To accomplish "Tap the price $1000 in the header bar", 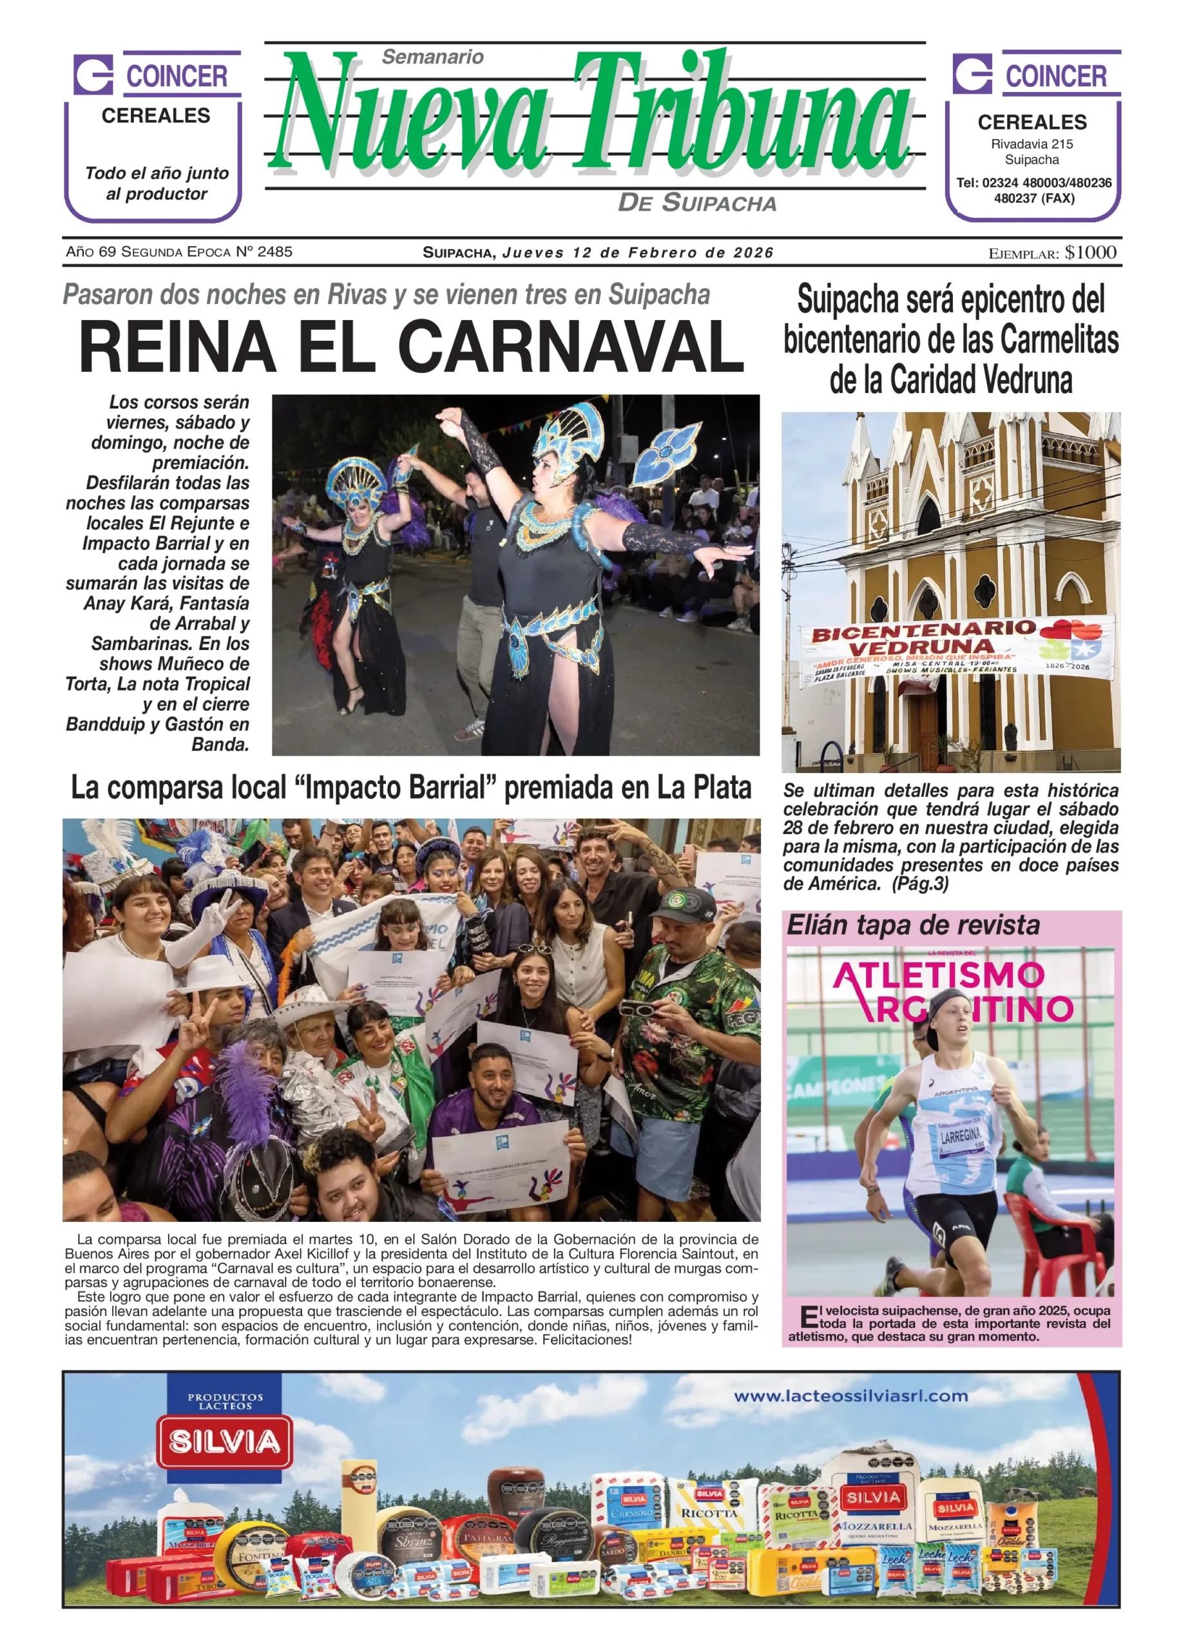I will point(1090,253).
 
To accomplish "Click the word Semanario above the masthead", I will point(433,57).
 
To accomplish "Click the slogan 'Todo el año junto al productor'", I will point(157,183).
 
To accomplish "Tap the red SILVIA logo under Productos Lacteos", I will point(226,1442).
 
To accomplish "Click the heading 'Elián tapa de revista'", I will point(913,926).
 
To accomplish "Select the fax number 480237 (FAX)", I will point(1033,198).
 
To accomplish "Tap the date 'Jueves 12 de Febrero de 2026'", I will point(638,253).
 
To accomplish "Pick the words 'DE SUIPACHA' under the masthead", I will point(696,203).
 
